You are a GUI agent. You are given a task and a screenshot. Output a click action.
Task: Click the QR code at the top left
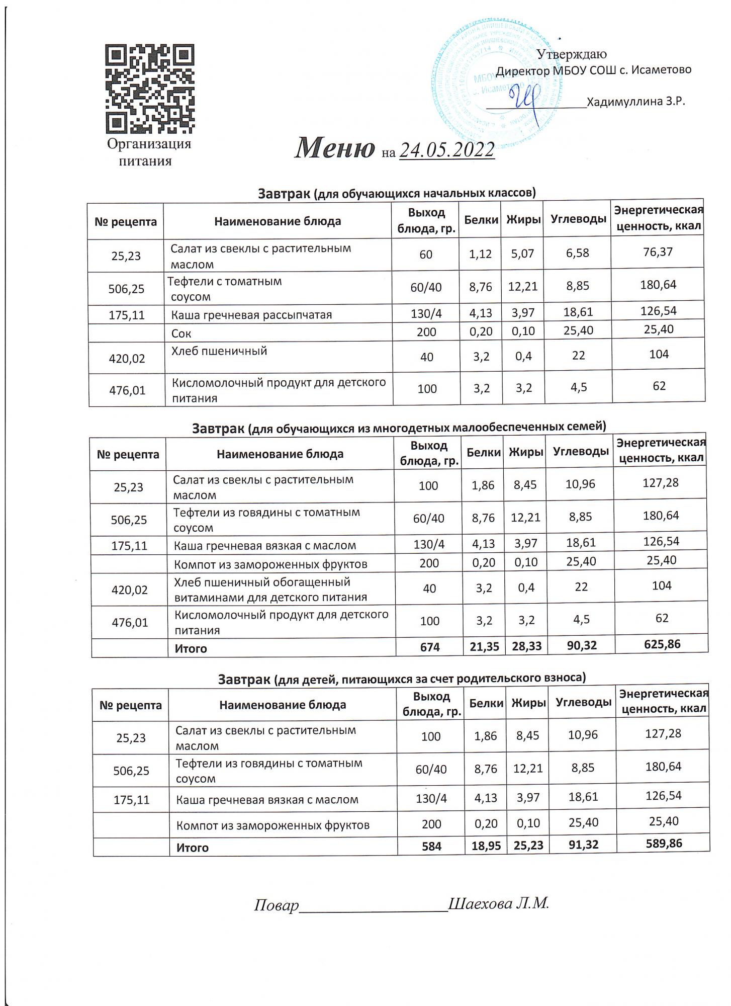click(x=150, y=89)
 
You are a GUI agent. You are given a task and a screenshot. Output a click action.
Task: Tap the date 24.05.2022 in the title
click(x=446, y=149)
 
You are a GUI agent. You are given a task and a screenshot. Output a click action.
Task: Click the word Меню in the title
click(x=334, y=148)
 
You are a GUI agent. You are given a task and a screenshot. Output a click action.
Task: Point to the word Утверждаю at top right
click(x=572, y=54)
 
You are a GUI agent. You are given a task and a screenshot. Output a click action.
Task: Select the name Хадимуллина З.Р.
click(x=636, y=102)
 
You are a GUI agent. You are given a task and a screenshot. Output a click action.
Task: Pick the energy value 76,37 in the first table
click(x=658, y=252)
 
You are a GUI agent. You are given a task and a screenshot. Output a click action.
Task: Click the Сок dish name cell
click(x=181, y=333)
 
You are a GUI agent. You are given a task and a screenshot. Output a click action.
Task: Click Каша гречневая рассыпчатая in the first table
click(x=251, y=315)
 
